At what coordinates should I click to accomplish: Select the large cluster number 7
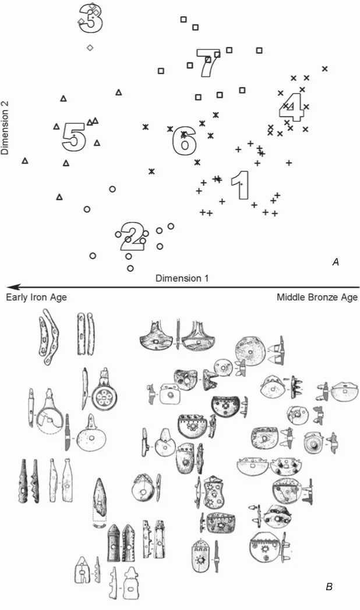click(207, 63)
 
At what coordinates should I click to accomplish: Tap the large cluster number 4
click(292, 107)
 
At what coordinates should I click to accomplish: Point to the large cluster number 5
click(74, 138)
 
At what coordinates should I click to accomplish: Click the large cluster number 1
click(240, 186)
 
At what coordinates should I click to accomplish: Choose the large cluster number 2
click(132, 235)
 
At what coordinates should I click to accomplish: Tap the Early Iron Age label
click(36, 297)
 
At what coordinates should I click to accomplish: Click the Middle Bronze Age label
click(317, 297)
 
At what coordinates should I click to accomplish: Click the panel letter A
click(335, 263)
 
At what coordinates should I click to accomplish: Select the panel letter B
click(329, 586)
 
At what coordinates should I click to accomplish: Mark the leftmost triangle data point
click(25, 160)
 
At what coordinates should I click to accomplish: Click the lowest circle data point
click(130, 268)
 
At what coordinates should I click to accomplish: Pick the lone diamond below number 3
click(90, 48)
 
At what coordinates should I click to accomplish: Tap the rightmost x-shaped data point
click(324, 69)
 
